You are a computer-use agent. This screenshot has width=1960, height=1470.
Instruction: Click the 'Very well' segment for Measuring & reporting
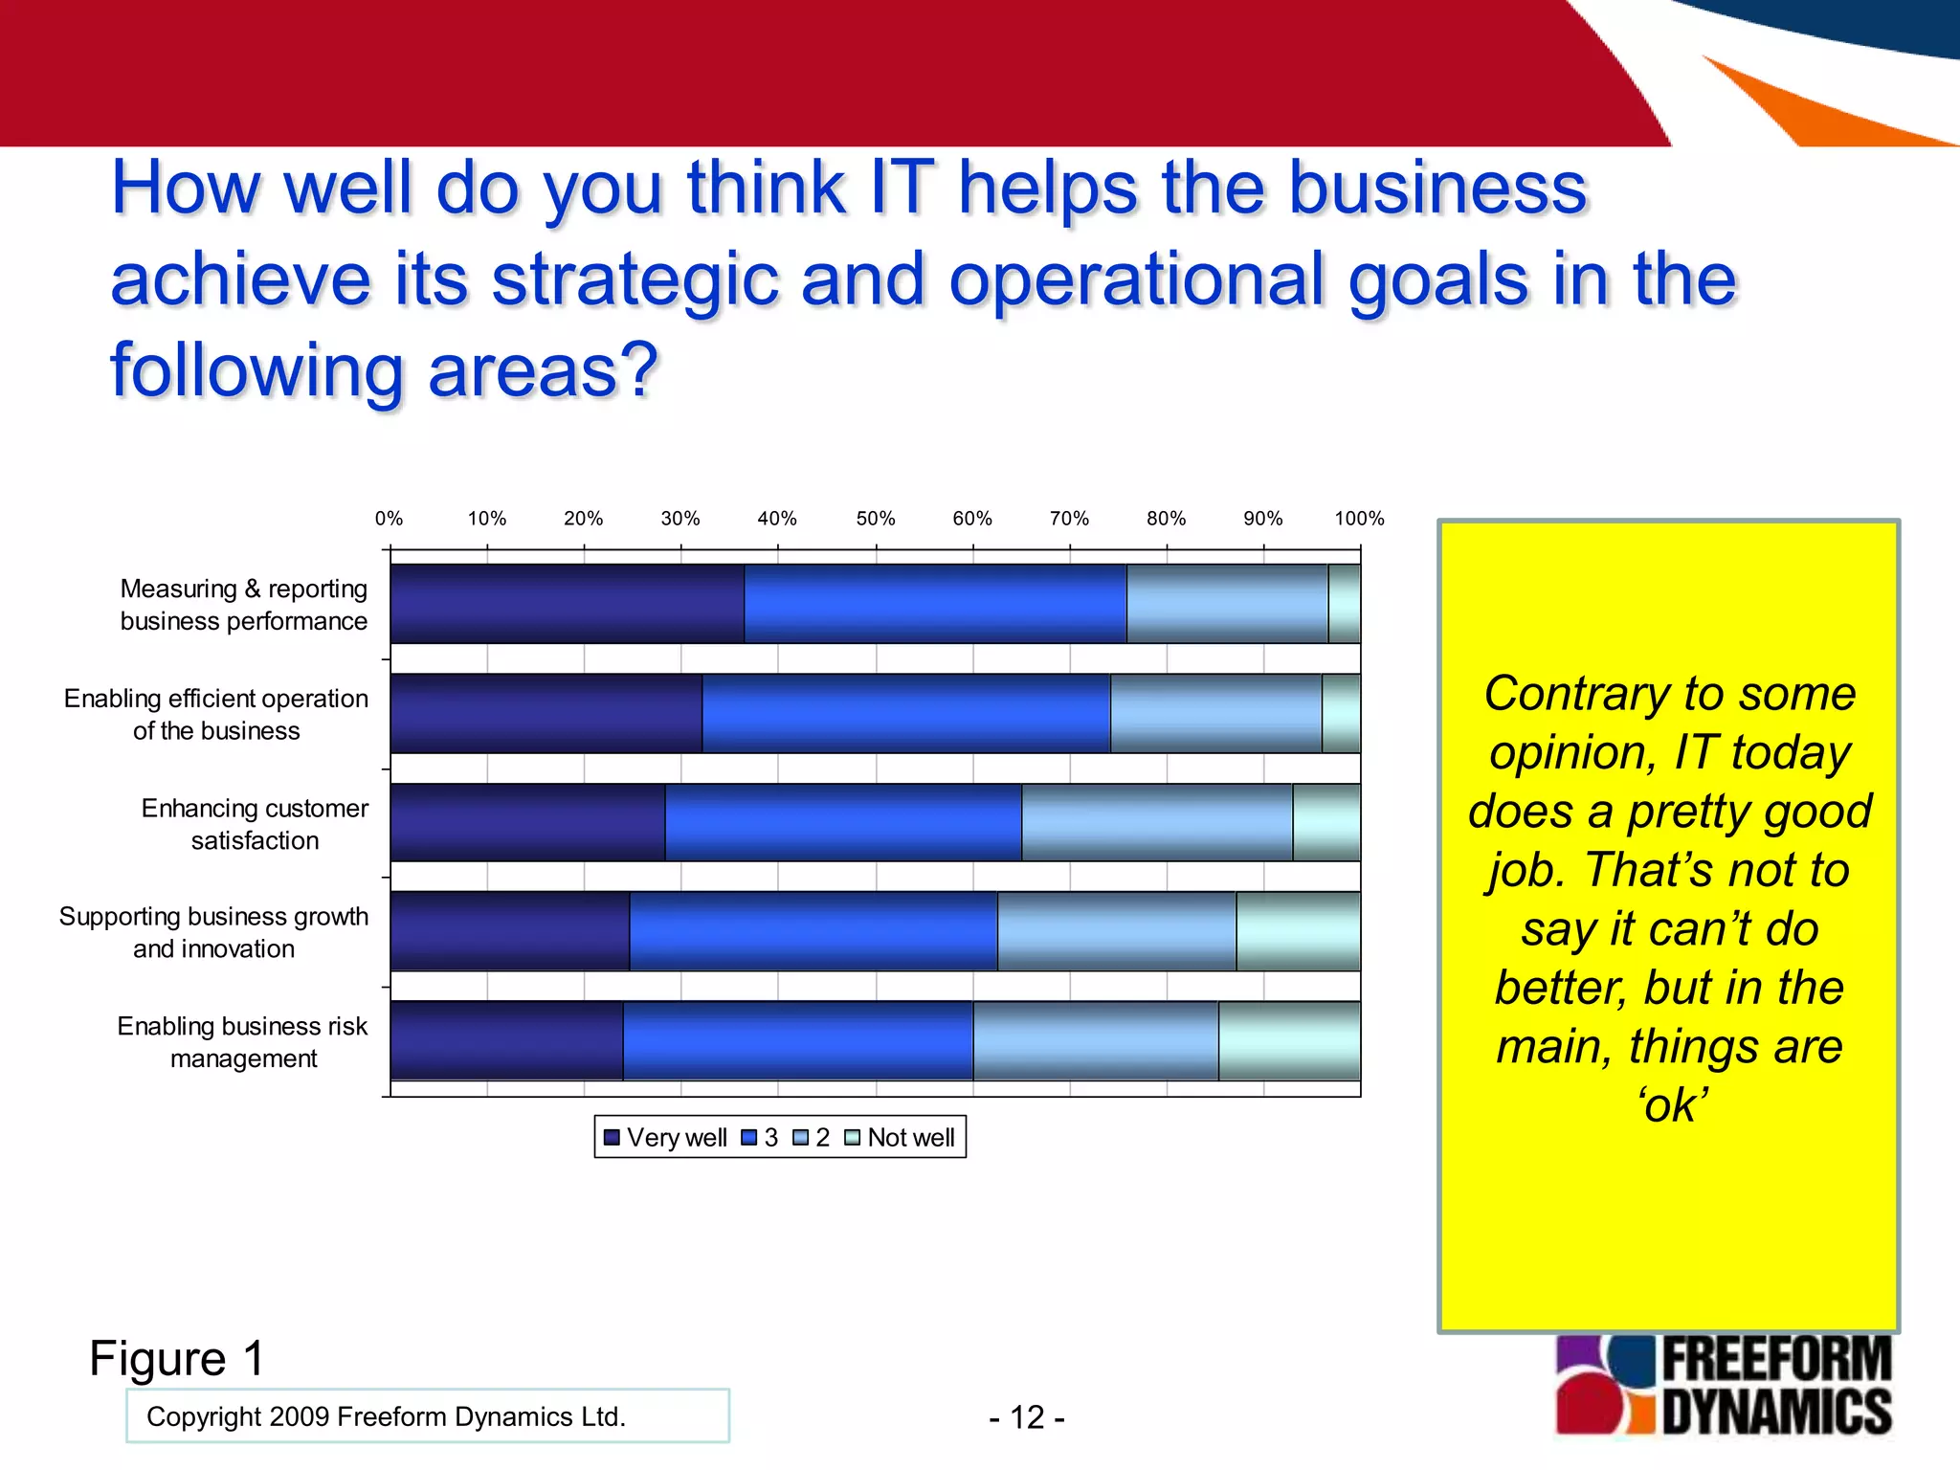pyautogui.click(x=567, y=603)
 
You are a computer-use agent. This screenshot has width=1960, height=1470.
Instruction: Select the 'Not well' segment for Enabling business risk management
pyautogui.click(x=1289, y=1040)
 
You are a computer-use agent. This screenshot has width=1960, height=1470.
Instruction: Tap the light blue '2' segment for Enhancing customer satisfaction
pyautogui.click(x=1156, y=822)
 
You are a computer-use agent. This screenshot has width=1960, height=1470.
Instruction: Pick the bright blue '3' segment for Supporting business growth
pyautogui.click(x=813, y=931)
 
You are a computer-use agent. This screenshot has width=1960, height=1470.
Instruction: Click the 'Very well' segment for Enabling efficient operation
pyautogui.click(x=546, y=713)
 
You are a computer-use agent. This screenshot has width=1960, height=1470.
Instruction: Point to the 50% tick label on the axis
pyautogui.click(x=875, y=519)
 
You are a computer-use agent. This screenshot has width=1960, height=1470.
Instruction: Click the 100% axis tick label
pyautogui.click(x=1359, y=519)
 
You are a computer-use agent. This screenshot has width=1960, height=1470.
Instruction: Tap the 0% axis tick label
pyautogui.click(x=389, y=519)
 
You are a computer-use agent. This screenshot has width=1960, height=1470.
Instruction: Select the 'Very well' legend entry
pyautogui.click(x=666, y=1137)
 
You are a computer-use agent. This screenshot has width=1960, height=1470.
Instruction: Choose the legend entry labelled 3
pyautogui.click(x=761, y=1137)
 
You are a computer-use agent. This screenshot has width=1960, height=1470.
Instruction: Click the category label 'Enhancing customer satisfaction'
pyautogui.click(x=255, y=824)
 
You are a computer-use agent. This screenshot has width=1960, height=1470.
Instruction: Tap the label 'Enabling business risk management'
pyautogui.click(x=242, y=1041)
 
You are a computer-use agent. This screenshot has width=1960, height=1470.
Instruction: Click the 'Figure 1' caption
pyautogui.click(x=176, y=1358)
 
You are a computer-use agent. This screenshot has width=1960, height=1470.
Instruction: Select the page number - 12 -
pyautogui.click(x=1026, y=1416)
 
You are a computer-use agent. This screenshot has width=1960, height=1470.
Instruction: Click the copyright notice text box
pyautogui.click(x=427, y=1415)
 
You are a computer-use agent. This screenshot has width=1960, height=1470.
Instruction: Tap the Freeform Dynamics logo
pyautogui.click(x=1723, y=1385)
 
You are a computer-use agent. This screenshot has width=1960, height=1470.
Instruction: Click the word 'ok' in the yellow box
pyautogui.click(x=1671, y=1105)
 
